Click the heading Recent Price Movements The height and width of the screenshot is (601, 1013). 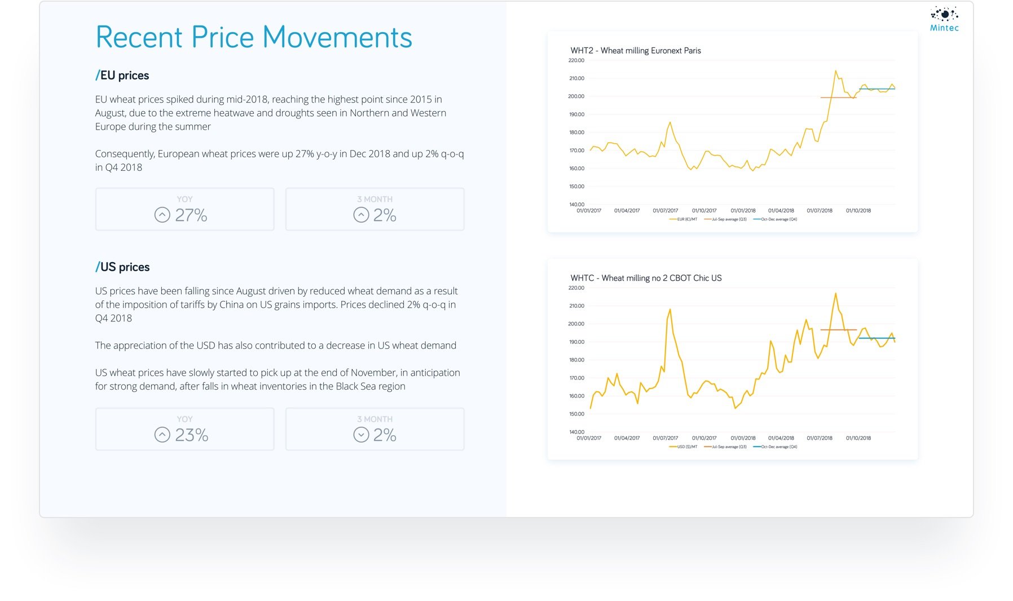tap(254, 37)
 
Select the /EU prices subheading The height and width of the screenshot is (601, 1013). tap(122, 76)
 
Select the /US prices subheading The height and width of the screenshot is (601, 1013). tap(122, 267)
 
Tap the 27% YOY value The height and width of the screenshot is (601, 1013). tap(191, 215)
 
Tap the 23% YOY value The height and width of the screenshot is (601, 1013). tap(192, 435)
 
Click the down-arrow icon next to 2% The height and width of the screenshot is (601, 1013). tap(361, 435)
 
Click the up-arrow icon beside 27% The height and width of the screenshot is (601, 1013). tap(162, 215)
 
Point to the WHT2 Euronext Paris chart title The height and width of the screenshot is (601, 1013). tap(636, 51)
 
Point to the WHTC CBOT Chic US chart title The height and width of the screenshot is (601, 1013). tap(646, 278)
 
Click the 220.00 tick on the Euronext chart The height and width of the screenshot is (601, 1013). tap(576, 60)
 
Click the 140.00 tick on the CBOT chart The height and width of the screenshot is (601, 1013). tap(576, 432)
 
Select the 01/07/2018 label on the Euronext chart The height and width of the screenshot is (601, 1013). tap(819, 211)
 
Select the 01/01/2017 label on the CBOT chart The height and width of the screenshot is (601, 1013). tap(589, 438)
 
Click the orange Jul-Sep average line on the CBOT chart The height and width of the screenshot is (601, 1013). tap(838, 330)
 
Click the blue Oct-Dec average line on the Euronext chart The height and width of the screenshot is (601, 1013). tap(877, 89)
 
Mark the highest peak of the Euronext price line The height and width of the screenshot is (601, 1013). tap(835, 71)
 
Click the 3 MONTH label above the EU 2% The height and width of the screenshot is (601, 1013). tap(375, 199)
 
